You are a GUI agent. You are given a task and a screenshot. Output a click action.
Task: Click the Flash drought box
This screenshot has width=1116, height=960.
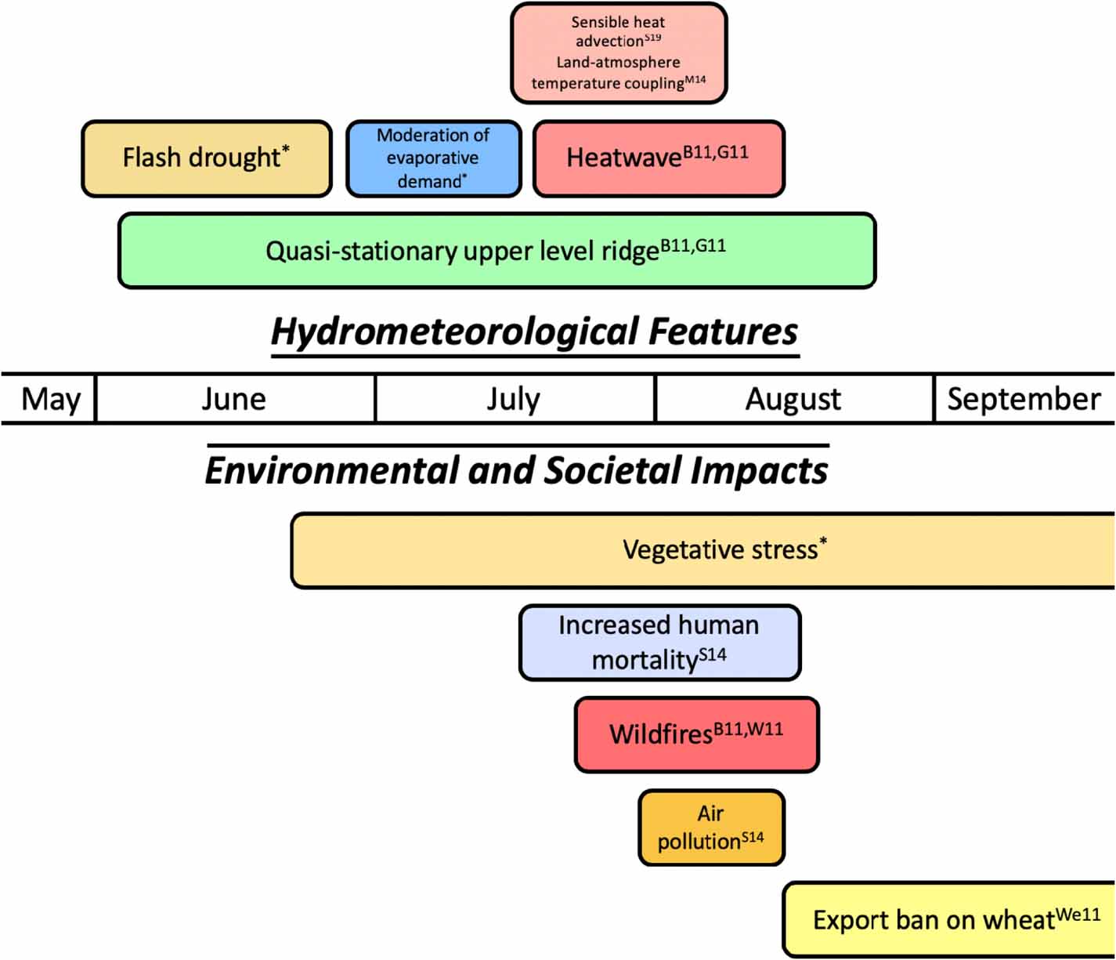pyautogui.click(x=207, y=158)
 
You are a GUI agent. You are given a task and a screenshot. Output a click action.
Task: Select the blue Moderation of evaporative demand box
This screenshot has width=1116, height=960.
pyautogui.click(x=433, y=158)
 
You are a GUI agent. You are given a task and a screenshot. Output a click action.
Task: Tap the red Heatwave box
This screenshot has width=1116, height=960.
pyautogui.click(x=658, y=158)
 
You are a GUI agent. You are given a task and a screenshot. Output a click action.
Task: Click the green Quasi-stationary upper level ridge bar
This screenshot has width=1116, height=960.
pyautogui.click(x=497, y=251)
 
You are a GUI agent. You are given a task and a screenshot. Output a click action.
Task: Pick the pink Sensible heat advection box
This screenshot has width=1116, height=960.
pyautogui.click(x=619, y=53)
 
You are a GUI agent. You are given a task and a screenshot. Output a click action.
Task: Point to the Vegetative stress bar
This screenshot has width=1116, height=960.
pyautogui.click(x=702, y=550)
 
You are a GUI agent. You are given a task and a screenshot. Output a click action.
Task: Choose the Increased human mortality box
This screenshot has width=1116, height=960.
pyautogui.click(x=659, y=643)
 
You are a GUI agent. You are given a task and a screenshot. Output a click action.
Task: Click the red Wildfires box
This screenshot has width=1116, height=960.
pyautogui.click(x=696, y=734)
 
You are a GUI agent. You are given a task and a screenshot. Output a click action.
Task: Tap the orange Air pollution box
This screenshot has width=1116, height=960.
pyautogui.click(x=711, y=828)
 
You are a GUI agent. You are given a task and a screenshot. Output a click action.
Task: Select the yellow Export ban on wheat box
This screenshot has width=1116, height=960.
pyautogui.click(x=948, y=919)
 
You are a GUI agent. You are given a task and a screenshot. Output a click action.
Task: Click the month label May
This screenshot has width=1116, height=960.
pyautogui.click(x=50, y=400)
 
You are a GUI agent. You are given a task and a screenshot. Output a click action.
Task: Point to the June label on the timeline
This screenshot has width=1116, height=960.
pyautogui.click(x=234, y=400)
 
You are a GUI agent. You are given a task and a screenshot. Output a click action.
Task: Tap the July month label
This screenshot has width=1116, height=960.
pyautogui.click(x=514, y=400)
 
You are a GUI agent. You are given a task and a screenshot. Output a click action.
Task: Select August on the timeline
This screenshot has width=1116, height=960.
pyautogui.click(x=793, y=400)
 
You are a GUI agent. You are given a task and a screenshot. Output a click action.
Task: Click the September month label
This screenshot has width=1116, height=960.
pyautogui.click(x=1024, y=400)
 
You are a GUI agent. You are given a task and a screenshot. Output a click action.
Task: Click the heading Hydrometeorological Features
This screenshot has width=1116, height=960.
pyautogui.click(x=534, y=331)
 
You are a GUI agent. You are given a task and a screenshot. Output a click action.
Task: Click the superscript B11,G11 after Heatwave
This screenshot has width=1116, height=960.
pyautogui.click(x=716, y=151)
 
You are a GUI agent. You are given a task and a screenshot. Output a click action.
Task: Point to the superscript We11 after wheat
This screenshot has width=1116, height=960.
pyautogui.click(x=1078, y=914)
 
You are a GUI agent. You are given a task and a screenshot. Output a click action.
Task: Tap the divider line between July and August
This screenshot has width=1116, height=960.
pyautogui.click(x=655, y=399)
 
